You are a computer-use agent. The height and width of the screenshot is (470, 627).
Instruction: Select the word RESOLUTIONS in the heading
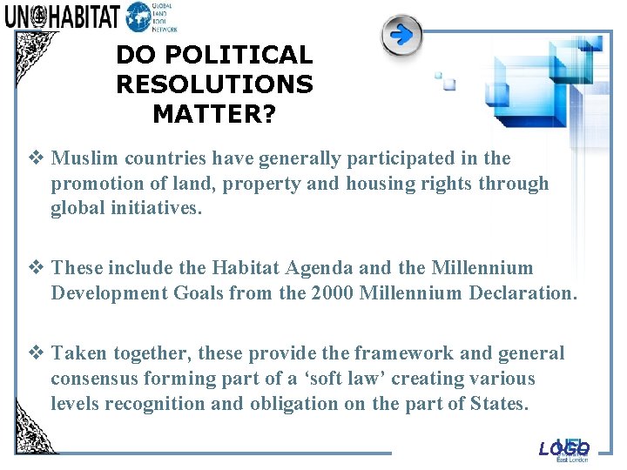click(214, 84)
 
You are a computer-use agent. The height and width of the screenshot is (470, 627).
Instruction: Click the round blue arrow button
click(401, 36)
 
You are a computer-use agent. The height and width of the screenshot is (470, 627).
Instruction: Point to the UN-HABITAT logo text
click(62, 17)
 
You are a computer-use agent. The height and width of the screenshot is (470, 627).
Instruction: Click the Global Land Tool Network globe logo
click(138, 17)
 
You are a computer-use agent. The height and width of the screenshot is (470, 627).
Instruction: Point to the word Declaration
click(522, 293)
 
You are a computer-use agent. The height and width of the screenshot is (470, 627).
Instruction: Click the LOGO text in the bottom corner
click(564, 449)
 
